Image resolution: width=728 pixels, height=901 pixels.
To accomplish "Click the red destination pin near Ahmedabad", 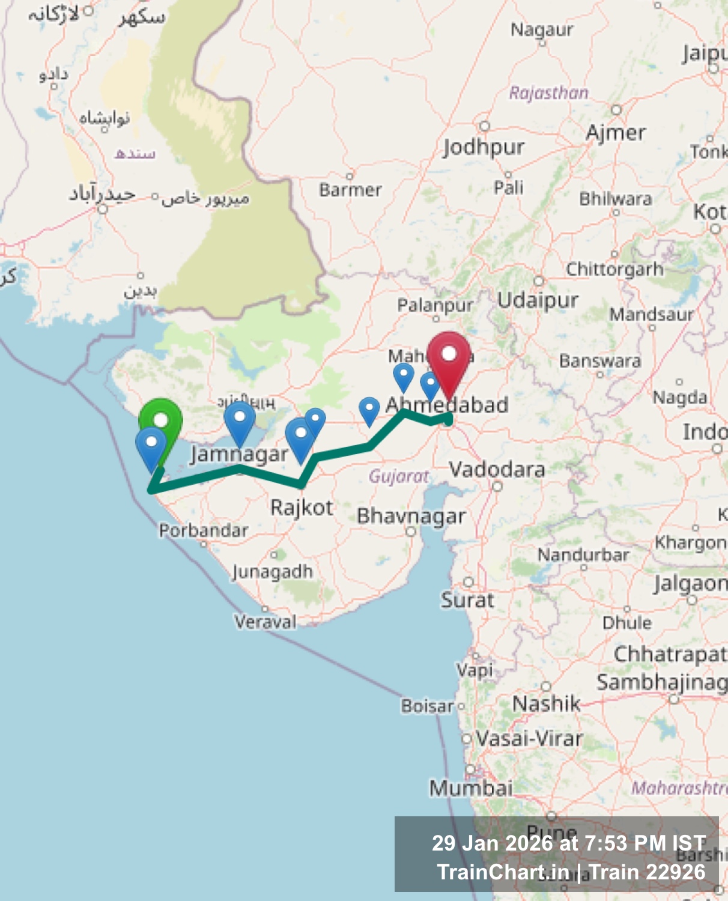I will pyautogui.click(x=449, y=357).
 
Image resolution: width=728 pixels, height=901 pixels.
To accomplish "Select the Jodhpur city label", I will pyautogui.click(x=484, y=147).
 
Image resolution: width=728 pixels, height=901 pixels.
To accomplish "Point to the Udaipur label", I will pyautogui.click(x=538, y=300).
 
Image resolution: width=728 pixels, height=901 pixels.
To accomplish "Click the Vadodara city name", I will pyautogui.click(x=497, y=469).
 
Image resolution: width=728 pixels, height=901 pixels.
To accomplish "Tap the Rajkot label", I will pyautogui.click(x=302, y=508).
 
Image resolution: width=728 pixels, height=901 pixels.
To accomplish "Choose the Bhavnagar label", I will pyautogui.click(x=411, y=516).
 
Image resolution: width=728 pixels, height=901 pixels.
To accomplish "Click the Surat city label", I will pyautogui.click(x=467, y=599).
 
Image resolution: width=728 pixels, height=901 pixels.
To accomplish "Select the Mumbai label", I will pyautogui.click(x=471, y=787).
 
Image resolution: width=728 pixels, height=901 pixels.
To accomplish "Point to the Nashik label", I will pyautogui.click(x=547, y=703).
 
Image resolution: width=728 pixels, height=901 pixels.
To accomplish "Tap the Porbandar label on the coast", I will pyautogui.click(x=203, y=530).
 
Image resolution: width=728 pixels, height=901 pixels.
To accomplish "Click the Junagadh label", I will pyautogui.click(x=273, y=571).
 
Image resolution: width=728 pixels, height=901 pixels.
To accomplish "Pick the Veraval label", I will pyautogui.click(x=265, y=621).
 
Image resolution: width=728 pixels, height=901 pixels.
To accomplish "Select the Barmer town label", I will pyautogui.click(x=350, y=190).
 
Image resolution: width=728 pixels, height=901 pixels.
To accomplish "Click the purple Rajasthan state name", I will pyautogui.click(x=548, y=93).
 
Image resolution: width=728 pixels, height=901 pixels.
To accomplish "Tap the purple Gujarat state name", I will pyautogui.click(x=399, y=476).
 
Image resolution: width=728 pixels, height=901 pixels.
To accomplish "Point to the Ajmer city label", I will pyautogui.click(x=616, y=133).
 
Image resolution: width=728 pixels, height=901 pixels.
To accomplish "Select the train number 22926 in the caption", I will pyautogui.click(x=676, y=872).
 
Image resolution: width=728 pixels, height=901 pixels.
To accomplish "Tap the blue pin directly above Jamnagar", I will pyautogui.click(x=240, y=420).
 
